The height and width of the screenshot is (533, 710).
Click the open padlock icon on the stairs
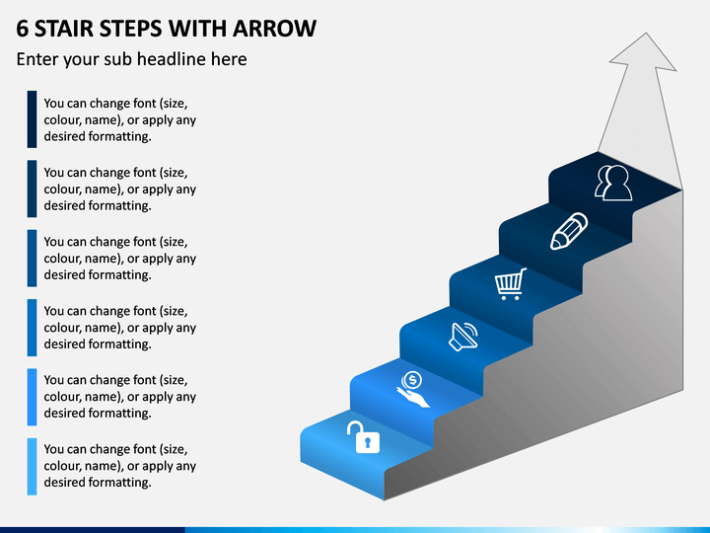coord(364,437)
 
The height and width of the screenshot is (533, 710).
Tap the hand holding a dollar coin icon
coord(412,389)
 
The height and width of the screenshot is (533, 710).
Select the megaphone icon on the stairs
coord(463,337)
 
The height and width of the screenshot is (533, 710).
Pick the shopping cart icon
coord(511,283)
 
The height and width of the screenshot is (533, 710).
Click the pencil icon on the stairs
coord(569,231)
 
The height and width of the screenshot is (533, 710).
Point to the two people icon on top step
coord(613,183)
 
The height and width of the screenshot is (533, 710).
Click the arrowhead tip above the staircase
coord(646,34)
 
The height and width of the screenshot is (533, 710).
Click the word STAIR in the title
coord(64,29)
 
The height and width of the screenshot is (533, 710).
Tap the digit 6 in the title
coord(22,29)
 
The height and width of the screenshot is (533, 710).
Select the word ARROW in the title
coord(274,29)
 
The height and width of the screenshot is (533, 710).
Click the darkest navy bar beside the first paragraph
coord(32,119)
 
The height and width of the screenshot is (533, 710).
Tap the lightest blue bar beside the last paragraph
coord(32,466)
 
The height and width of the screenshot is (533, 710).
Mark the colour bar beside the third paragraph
coord(32,258)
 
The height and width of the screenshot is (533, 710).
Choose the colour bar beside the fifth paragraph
coord(32,397)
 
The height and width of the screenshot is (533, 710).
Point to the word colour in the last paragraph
coord(61,466)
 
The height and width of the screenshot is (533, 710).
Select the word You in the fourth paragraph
coord(54,311)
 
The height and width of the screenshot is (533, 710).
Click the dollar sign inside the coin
coord(412,380)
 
